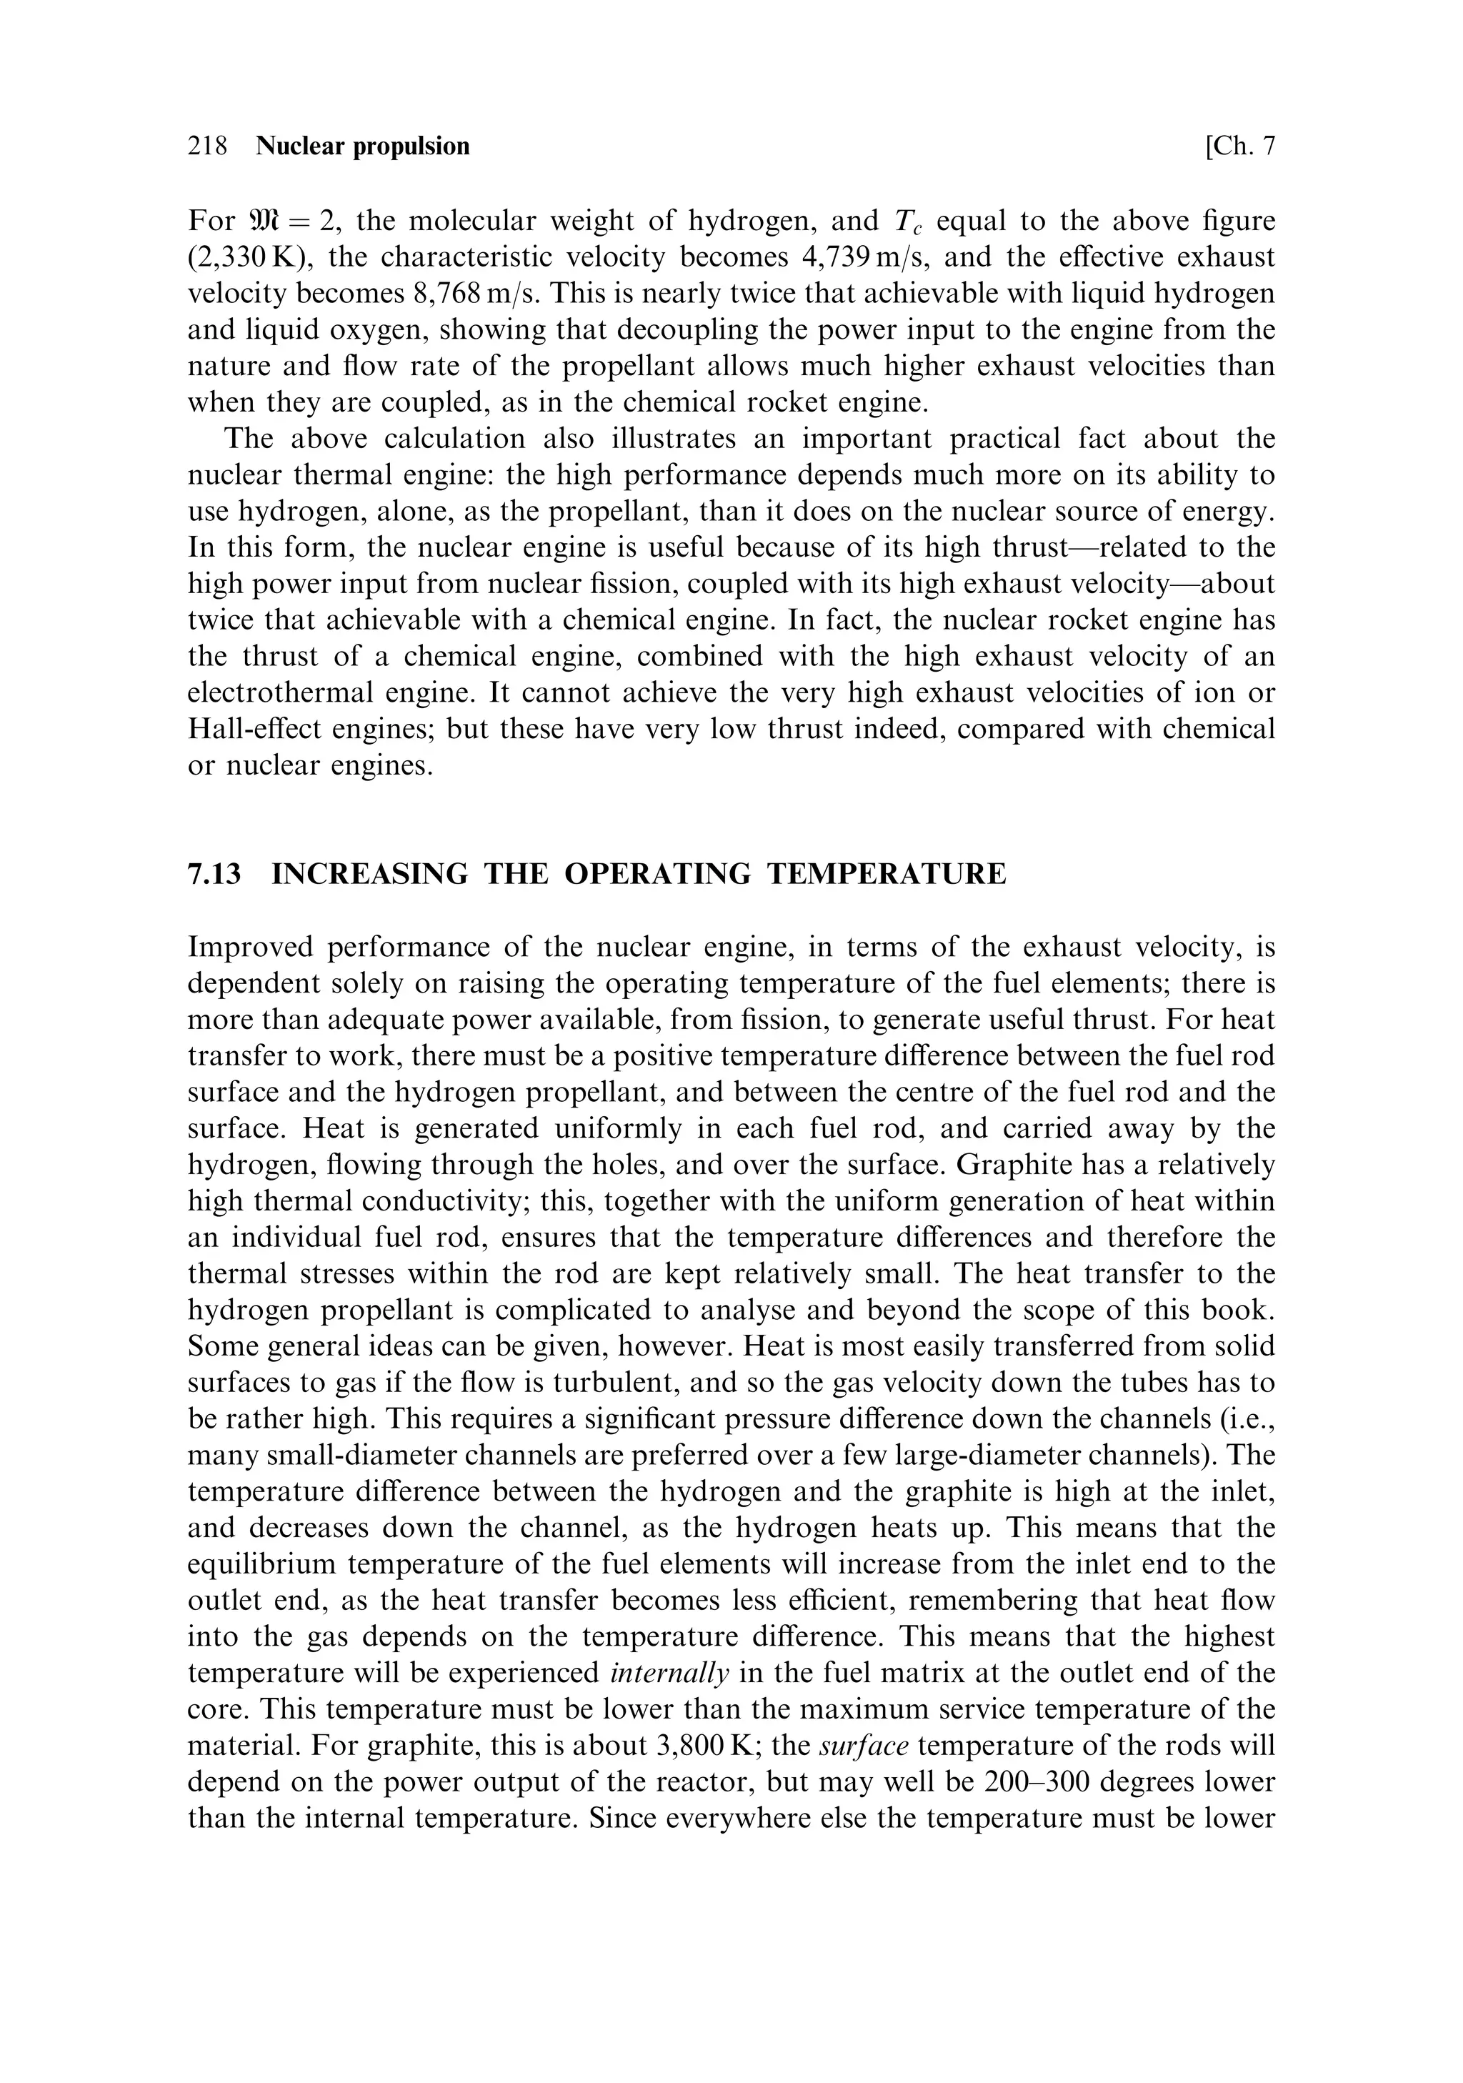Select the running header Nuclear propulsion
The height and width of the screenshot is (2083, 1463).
(x=363, y=146)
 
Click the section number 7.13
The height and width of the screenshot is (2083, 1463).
(x=215, y=875)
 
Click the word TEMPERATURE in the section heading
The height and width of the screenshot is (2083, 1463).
(x=887, y=875)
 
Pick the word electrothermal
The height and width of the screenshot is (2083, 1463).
(x=278, y=693)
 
